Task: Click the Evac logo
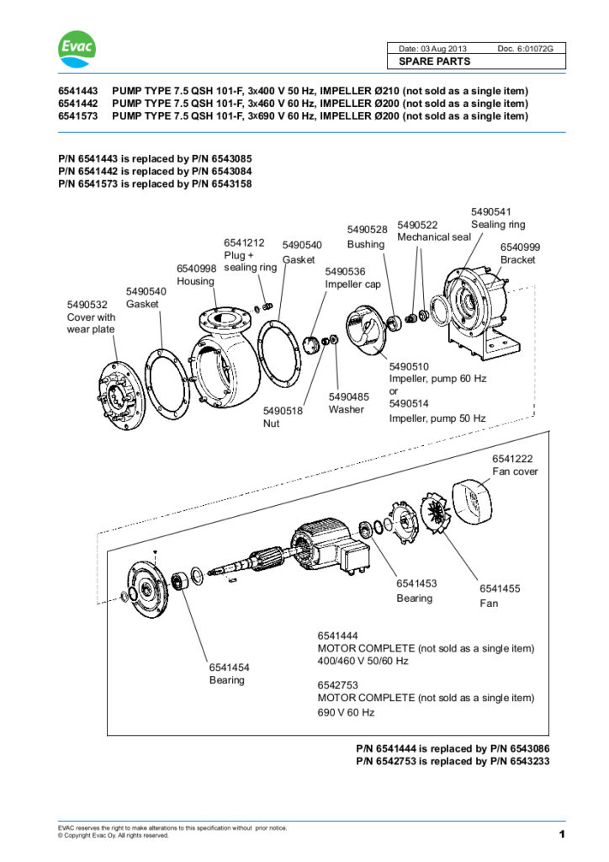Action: click(x=77, y=51)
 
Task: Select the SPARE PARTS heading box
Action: click(x=475, y=61)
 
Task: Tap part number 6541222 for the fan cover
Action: click(x=512, y=458)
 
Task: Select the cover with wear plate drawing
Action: click(x=118, y=391)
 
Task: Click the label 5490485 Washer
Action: click(x=347, y=402)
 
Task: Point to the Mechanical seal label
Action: click(x=434, y=237)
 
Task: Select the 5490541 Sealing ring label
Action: click(x=497, y=218)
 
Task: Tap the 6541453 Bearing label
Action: click(x=415, y=590)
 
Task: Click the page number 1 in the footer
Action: click(x=560, y=834)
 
